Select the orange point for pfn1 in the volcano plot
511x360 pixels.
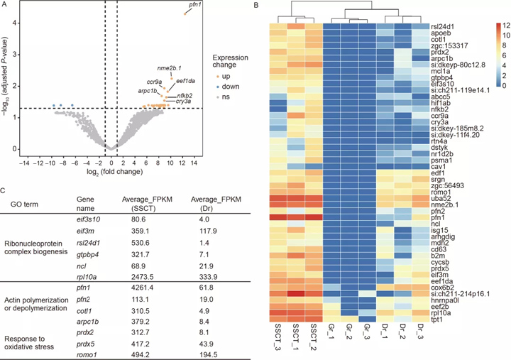185,13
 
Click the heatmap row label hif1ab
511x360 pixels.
441,102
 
